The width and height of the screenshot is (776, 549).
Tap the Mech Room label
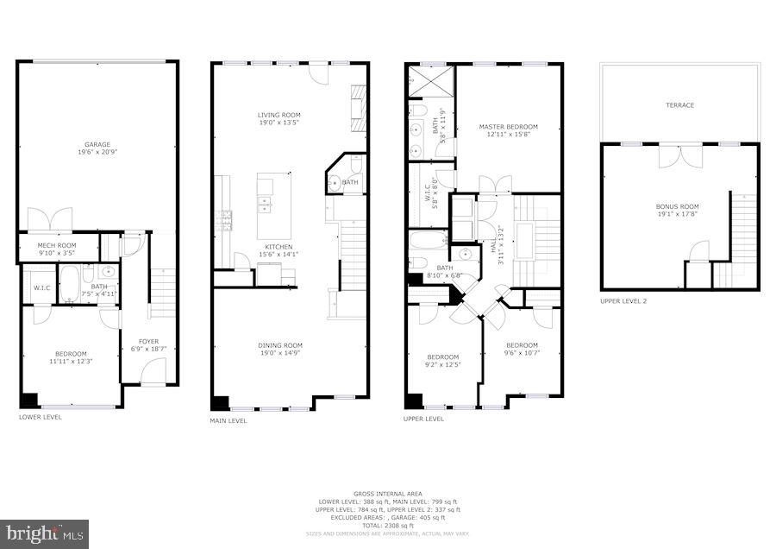point(57,249)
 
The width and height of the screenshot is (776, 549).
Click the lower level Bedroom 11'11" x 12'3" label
point(71,356)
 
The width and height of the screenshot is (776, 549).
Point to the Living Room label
point(278,118)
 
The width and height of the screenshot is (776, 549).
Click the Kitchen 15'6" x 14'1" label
point(278,250)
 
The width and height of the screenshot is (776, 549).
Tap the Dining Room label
point(279,350)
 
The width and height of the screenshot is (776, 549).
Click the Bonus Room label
point(677,211)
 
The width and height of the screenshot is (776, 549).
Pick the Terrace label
point(679,105)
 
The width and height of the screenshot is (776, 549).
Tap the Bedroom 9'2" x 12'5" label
point(443,361)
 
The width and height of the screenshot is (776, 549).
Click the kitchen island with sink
point(273,205)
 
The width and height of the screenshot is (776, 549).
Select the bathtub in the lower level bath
point(71,284)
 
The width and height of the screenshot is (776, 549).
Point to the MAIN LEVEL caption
point(228,421)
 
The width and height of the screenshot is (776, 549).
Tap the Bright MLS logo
point(45,533)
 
